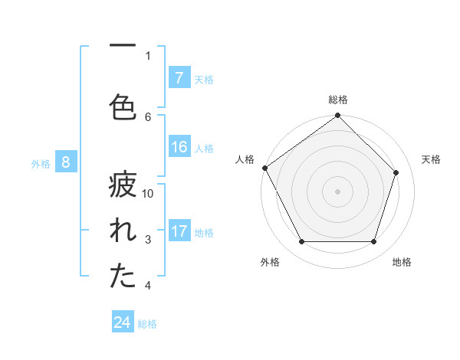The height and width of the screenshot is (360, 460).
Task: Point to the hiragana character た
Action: click(x=122, y=277)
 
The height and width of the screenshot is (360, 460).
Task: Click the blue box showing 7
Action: click(x=179, y=78)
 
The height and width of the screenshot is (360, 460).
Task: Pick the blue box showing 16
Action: click(x=179, y=148)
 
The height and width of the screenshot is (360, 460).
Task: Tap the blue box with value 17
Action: click(x=179, y=231)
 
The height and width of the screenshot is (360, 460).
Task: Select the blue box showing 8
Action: click(x=66, y=162)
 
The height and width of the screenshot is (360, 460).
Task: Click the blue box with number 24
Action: click(x=123, y=322)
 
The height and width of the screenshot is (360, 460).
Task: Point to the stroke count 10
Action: click(x=148, y=194)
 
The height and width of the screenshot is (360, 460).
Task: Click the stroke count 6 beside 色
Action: click(x=148, y=116)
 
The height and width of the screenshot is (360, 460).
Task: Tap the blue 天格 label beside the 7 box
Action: click(x=204, y=79)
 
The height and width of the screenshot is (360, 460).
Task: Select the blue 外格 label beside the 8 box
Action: click(x=41, y=163)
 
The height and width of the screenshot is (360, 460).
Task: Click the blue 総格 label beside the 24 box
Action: click(x=147, y=323)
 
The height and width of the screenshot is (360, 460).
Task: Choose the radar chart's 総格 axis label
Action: click(x=338, y=100)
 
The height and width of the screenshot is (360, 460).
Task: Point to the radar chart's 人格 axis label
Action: click(x=245, y=159)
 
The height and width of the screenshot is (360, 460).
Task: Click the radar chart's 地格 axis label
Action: click(x=402, y=262)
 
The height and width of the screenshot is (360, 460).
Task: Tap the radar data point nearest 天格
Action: click(x=396, y=172)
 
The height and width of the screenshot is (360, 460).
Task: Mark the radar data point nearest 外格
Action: click(x=302, y=242)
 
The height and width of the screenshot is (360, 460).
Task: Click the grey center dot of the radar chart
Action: click(x=338, y=191)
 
